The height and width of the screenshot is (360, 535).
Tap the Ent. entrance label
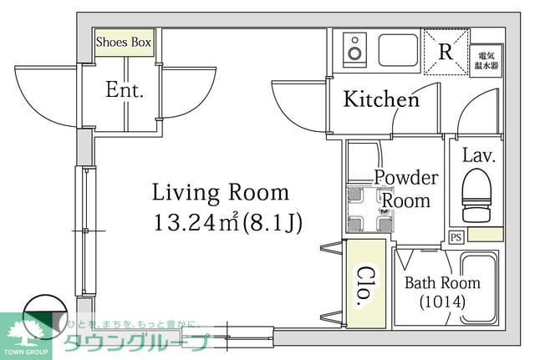125,90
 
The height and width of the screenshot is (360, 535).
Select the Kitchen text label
382,100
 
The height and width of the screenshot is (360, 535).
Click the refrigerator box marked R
445,50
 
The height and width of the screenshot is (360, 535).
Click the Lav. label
479,155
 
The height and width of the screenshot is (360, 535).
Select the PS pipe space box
456,236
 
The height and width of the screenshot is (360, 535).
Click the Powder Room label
405,189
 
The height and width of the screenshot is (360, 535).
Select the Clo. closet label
365,286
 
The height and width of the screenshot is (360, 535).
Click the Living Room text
220,193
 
